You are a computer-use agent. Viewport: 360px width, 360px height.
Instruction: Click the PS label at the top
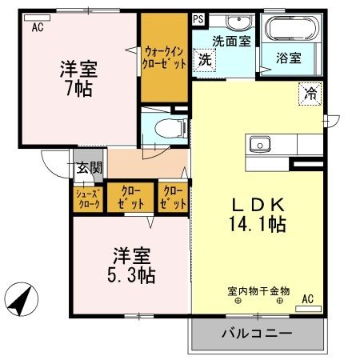pos(198,17)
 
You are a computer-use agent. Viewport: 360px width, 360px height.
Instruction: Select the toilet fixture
pos(164,126)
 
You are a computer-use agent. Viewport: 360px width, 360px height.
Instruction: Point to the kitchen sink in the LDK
pos(259,146)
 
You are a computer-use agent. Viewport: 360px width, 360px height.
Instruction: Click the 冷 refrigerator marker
pos(309,93)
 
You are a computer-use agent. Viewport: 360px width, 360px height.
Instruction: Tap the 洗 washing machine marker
pos(206,58)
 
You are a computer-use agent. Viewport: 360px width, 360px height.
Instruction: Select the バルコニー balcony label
pos(256,332)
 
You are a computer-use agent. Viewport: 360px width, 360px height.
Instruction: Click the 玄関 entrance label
pos(90,168)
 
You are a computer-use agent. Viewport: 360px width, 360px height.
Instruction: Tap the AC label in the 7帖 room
pos(38,28)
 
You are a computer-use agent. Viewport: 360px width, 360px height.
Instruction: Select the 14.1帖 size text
pos(257,226)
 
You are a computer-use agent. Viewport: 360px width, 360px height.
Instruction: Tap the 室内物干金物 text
pos(257,291)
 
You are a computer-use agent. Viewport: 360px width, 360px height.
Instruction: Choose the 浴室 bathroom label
pos(289,58)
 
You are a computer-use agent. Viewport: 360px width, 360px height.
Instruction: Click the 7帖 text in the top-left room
pos(78,86)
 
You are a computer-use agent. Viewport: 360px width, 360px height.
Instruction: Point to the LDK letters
pos(258,204)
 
